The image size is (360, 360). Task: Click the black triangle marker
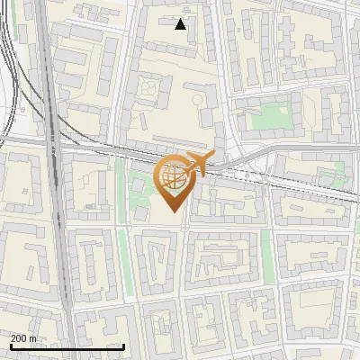pos(181,24)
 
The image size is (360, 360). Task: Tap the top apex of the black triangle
pos(181,19)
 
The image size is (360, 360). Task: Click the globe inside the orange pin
pos(173,177)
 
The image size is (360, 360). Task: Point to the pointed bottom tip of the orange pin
pos(173,213)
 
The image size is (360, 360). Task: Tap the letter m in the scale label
pos(33,338)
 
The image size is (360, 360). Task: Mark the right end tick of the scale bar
pos(123,346)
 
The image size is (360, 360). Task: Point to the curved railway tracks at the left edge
pos(9,81)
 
